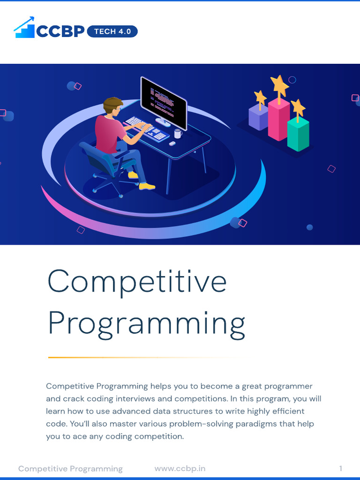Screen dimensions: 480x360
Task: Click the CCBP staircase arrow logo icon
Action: pos(24,28)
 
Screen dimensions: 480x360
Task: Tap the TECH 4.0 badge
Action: pos(112,31)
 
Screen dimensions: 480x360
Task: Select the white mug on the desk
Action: pos(178,134)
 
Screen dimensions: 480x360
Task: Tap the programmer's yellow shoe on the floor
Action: pos(147,186)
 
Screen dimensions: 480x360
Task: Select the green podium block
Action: pos(298,134)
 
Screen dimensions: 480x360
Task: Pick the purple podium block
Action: pos(258,117)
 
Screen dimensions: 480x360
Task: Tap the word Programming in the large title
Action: pos(146,324)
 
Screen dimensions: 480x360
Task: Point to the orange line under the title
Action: pos(141,358)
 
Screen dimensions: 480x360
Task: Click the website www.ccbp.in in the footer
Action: pos(180,468)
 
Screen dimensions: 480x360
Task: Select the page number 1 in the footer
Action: pos(341,468)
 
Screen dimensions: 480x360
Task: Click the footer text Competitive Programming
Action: pos(70,468)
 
